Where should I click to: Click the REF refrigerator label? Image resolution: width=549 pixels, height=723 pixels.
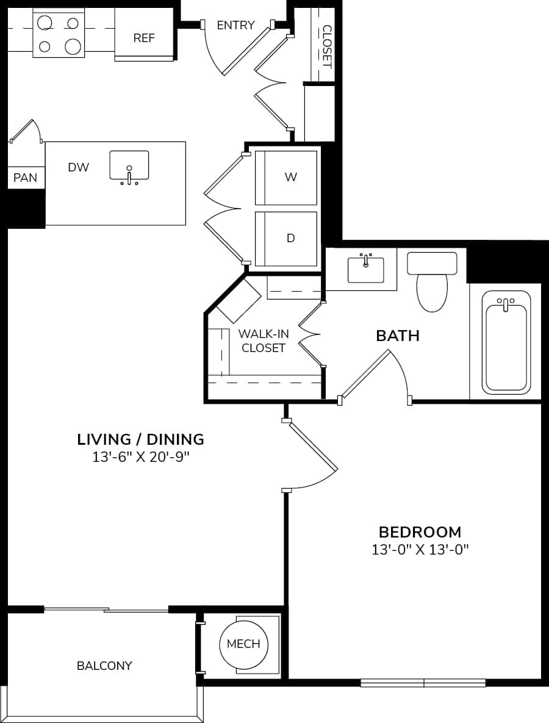click(145, 38)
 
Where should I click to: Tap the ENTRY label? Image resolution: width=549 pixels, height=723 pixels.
click(235, 25)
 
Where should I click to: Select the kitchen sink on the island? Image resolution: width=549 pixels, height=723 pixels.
click(129, 166)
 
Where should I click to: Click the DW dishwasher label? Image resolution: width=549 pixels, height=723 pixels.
click(79, 167)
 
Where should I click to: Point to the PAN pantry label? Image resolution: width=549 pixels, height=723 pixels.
click(25, 178)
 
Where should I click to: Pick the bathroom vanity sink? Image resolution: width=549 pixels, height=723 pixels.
click(365, 269)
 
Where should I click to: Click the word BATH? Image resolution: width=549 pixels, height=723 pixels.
click(398, 336)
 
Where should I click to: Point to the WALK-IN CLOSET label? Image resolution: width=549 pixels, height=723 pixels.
click(263, 341)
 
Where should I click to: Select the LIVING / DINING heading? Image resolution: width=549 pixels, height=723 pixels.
click(140, 439)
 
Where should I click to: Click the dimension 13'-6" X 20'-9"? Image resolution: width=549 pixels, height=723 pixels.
click(140, 458)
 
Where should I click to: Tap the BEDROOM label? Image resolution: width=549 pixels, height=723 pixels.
click(420, 531)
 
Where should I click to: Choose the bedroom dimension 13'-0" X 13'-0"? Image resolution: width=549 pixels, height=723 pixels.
click(420, 550)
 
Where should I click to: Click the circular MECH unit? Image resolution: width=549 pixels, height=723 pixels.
click(243, 644)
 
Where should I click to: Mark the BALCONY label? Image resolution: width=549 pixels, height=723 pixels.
click(104, 666)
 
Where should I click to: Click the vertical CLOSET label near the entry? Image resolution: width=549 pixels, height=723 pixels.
click(326, 46)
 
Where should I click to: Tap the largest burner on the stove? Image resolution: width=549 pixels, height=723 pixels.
click(73, 46)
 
